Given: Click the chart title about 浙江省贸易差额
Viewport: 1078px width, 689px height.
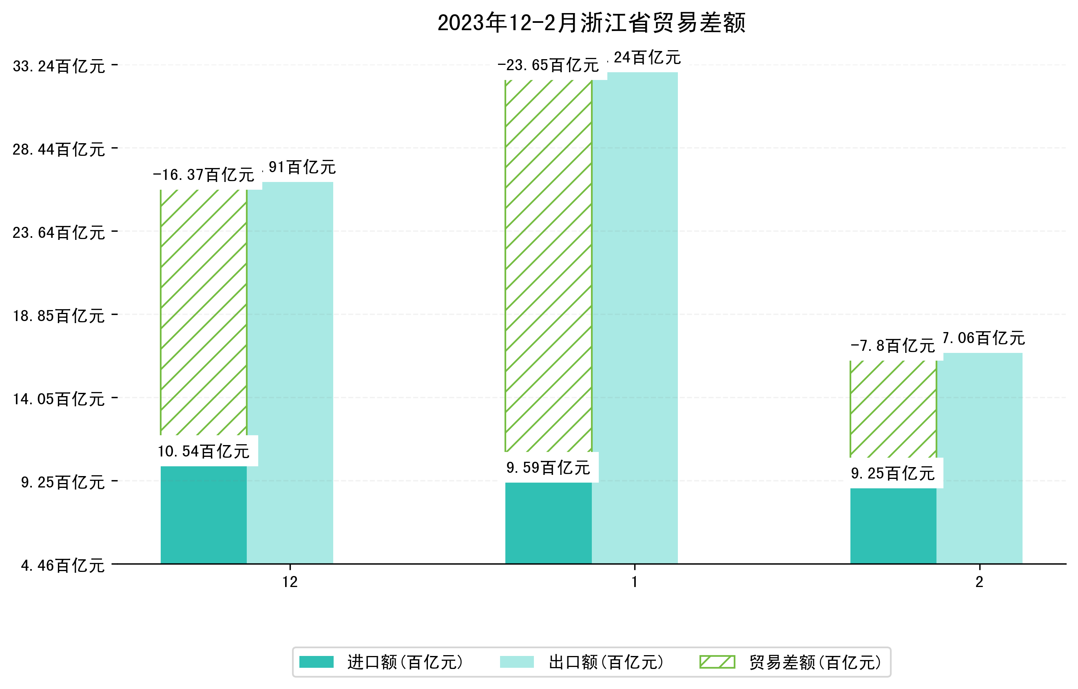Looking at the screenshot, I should tap(591, 23).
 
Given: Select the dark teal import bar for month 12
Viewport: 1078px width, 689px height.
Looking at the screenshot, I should tap(203, 515).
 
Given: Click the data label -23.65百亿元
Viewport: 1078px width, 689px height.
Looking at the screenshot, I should tap(548, 65).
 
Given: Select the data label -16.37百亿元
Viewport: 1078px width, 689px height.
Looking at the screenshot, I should tap(204, 175).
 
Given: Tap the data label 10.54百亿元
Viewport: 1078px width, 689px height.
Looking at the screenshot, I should tap(204, 451).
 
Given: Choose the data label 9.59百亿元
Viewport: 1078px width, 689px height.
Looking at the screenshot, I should tap(548, 468).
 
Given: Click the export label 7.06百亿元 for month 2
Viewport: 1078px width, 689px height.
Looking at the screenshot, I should tap(983, 338).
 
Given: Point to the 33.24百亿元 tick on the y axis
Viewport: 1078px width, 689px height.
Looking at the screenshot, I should tap(59, 66).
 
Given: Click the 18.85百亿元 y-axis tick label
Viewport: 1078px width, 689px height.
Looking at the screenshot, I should tap(59, 316).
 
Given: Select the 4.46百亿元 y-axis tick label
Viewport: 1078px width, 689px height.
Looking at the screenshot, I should tap(63, 566).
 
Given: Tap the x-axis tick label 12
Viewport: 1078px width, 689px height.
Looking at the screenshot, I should tap(290, 582).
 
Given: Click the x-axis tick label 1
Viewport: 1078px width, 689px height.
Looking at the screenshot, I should tap(634, 582).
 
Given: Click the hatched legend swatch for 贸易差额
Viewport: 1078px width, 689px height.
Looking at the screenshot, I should tap(717, 662).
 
